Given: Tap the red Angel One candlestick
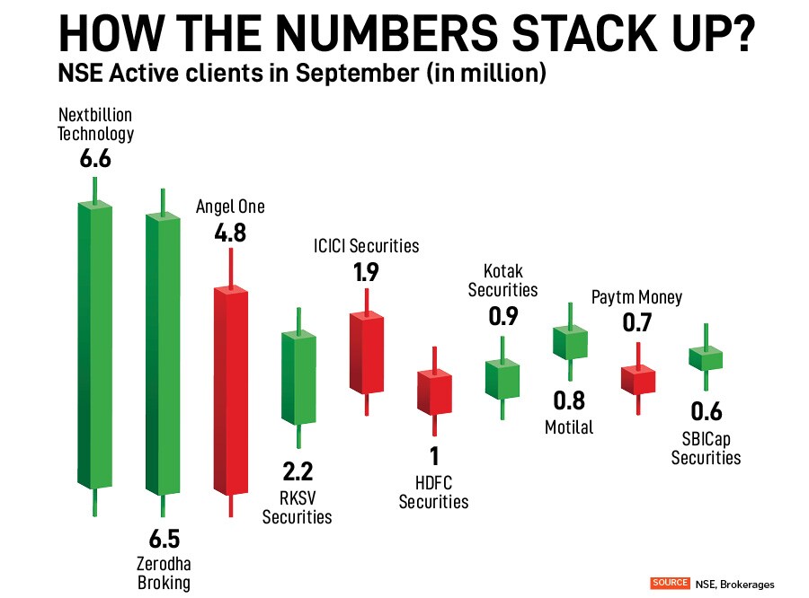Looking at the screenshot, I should [231, 391].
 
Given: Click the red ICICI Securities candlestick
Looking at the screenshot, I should [366, 355].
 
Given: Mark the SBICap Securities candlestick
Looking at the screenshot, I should [706, 357].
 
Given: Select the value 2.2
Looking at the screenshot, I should [297, 472].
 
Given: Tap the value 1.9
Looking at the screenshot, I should [366, 273].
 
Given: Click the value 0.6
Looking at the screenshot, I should [706, 412].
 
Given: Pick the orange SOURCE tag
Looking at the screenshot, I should [670, 583].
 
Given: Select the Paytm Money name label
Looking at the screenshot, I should [636, 297].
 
